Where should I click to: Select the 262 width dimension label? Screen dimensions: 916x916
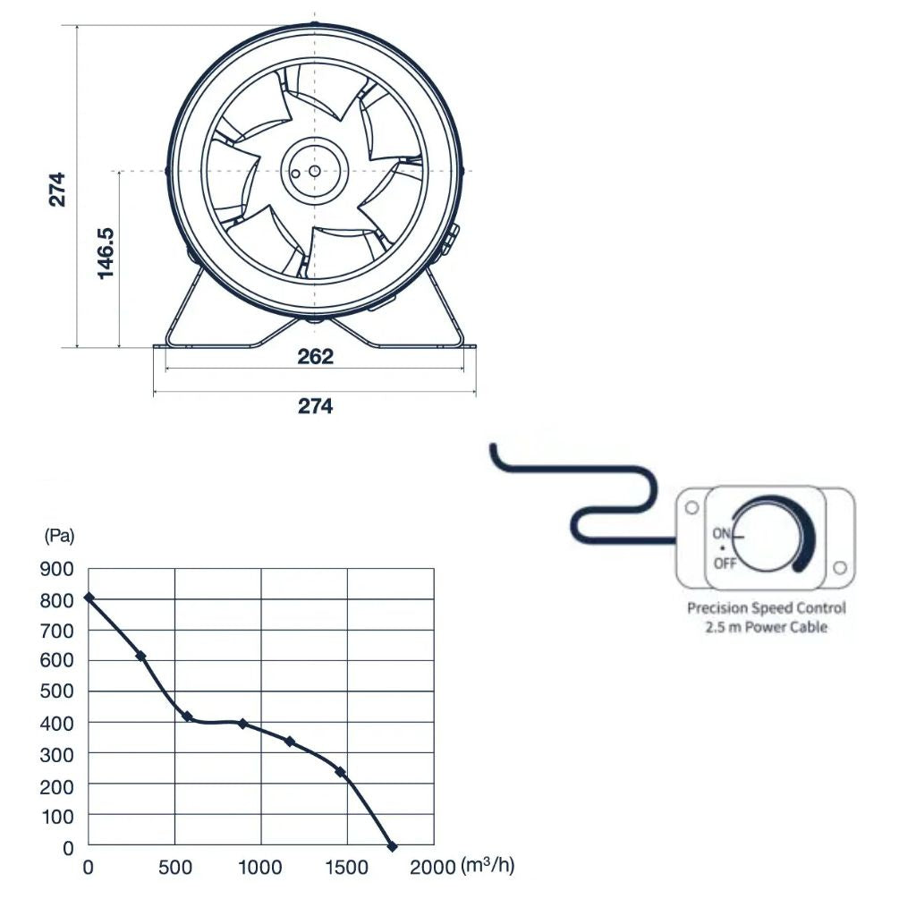(x=315, y=357)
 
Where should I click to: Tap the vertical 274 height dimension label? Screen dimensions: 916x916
(x=57, y=188)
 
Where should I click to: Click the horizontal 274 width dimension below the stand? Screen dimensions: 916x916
(x=315, y=406)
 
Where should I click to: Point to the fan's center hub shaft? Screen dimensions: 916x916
(x=314, y=170)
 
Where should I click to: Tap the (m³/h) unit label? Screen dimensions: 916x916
(x=488, y=866)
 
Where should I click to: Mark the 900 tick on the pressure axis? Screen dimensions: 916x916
(x=55, y=569)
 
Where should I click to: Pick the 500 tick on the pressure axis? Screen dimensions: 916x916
(x=55, y=691)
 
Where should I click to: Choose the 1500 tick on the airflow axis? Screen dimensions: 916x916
(x=346, y=867)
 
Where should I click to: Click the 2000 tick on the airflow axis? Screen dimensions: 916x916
(x=433, y=867)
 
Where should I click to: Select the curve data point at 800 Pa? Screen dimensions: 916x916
(x=89, y=598)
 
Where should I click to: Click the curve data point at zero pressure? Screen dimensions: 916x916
(x=392, y=845)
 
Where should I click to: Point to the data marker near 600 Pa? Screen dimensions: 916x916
(x=140, y=657)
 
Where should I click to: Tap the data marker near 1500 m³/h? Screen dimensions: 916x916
(x=340, y=772)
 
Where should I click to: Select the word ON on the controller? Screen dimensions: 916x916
(x=722, y=533)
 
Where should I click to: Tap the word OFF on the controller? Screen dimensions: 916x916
(x=725, y=564)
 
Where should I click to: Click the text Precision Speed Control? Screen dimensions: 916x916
(x=766, y=608)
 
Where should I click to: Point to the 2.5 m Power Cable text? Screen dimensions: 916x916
(x=766, y=627)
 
